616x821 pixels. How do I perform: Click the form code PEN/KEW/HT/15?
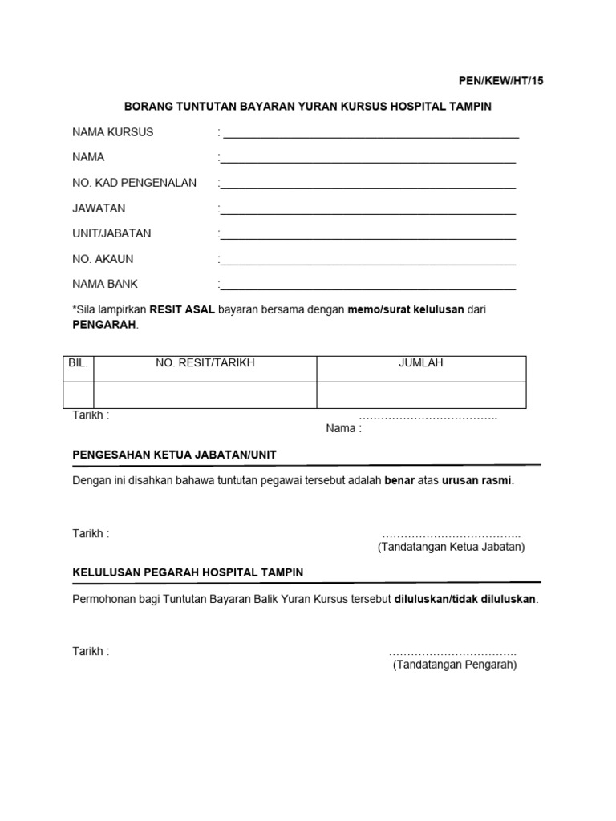pos(500,81)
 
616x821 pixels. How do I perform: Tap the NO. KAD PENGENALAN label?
pos(134,183)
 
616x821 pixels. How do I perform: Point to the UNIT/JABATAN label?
pos(111,233)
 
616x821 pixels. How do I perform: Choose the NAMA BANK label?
pos(105,284)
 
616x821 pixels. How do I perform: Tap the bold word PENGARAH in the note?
pos(104,325)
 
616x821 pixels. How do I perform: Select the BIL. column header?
pos(78,363)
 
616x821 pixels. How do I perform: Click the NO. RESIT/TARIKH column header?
pos(205,363)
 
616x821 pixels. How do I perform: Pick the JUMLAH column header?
pos(421,363)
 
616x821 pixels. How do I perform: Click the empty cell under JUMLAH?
pos(421,394)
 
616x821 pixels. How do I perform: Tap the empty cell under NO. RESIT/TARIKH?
pos(205,394)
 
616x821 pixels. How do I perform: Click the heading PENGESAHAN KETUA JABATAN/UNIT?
pos(174,454)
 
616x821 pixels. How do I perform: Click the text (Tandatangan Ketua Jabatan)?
pos(451,547)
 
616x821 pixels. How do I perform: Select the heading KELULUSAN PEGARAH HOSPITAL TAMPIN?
pos(188,572)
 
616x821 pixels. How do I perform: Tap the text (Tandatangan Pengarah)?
pos(455,665)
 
